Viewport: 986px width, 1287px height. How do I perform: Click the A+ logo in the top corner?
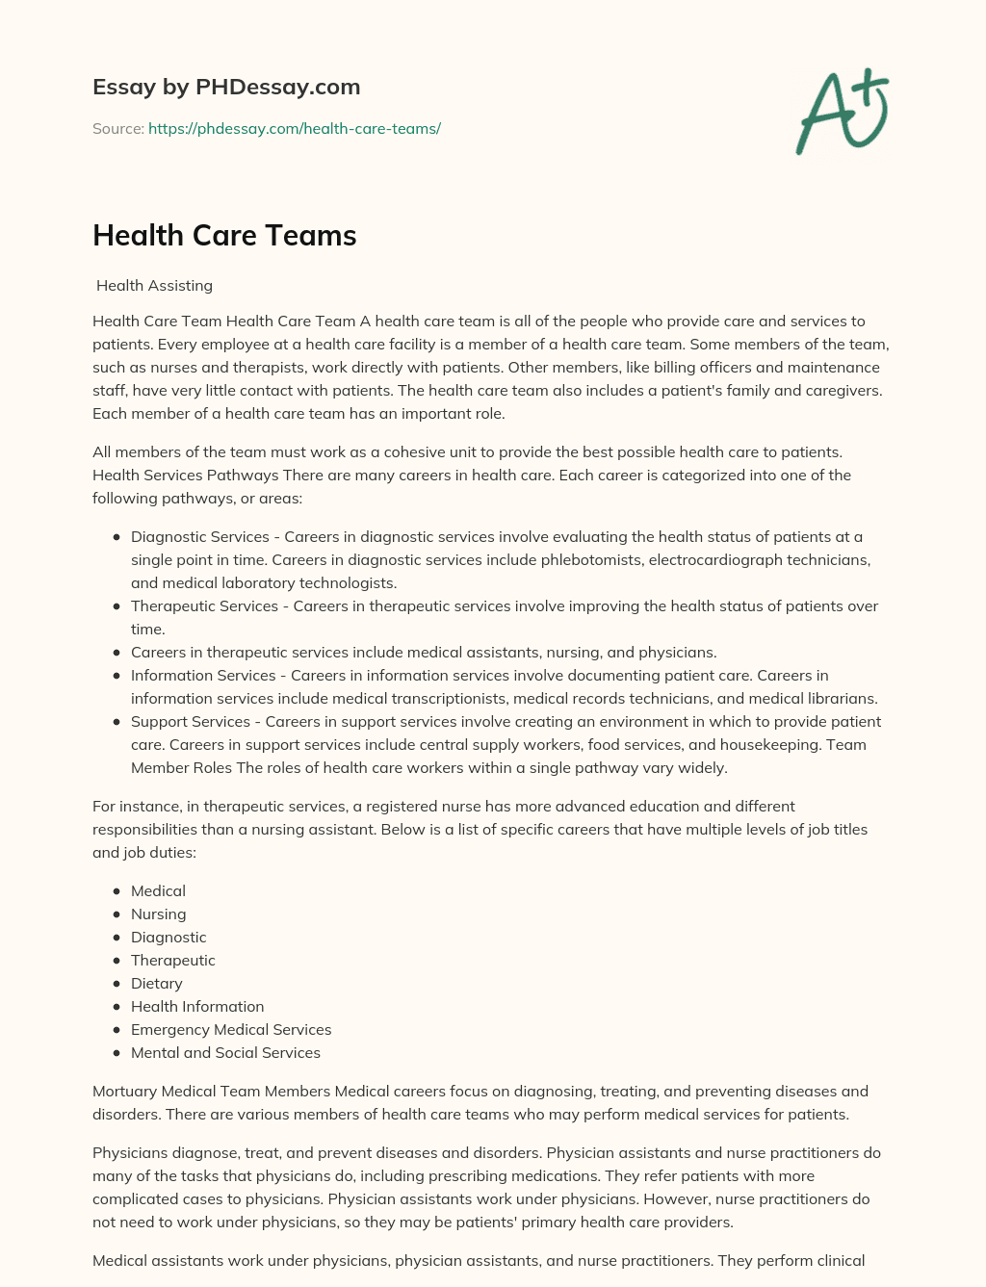coord(843,112)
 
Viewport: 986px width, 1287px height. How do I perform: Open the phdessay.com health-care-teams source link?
coord(294,128)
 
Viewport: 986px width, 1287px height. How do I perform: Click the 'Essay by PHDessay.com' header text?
coord(226,87)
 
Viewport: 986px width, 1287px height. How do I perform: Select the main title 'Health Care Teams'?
coord(224,235)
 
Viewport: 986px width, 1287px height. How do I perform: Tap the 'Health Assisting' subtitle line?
coord(154,285)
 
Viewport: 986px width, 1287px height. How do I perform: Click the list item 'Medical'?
coord(158,890)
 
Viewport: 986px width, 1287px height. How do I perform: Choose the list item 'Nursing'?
coord(158,914)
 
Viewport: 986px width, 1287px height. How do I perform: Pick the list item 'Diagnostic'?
coord(169,937)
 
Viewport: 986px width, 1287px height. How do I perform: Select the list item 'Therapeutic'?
coord(172,960)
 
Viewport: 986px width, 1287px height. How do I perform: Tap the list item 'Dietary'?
coord(156,983)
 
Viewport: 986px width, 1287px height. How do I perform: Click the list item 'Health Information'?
coord(197,1006)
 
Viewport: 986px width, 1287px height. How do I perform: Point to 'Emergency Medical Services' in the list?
coord(231,1029)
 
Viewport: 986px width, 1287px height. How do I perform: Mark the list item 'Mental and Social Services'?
coord(225,1052)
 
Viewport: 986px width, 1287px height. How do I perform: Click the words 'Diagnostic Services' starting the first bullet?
coord(200,536)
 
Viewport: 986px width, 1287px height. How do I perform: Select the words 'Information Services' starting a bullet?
coord(203,675)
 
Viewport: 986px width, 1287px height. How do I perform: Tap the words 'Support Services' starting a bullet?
coord(190,721)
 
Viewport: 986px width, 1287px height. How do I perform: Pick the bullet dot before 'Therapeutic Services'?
coord(117,606)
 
